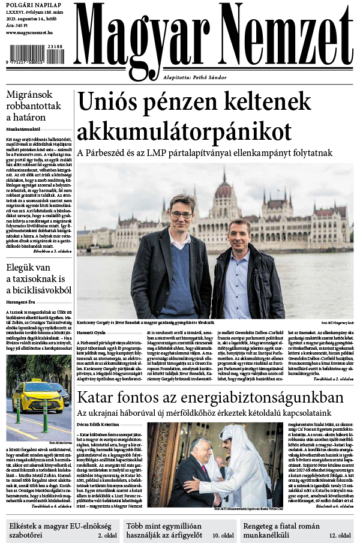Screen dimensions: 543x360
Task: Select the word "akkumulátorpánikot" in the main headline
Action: coord(185,130)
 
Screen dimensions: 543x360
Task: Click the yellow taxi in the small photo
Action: coord(37,397)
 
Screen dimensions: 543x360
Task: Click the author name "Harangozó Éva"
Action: coord(23,302)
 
